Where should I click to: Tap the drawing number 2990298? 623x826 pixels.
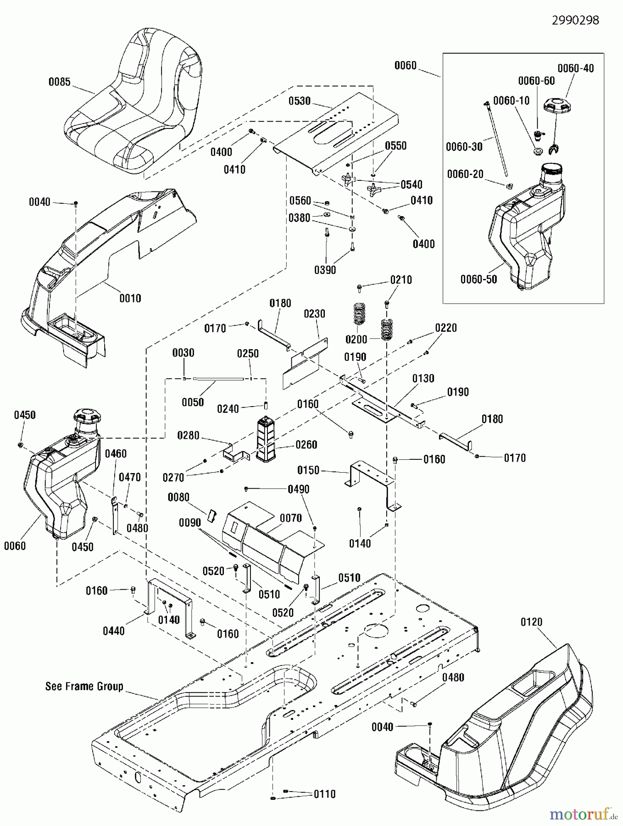(x=575, y=20)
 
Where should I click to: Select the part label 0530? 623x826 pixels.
(x=299, y=101)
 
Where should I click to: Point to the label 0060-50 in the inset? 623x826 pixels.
(x=478, y=279)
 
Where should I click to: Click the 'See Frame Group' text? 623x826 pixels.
(x=84, y=686)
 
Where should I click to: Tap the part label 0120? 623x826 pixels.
(x=531, y=622)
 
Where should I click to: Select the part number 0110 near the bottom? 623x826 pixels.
(x=324, y=794)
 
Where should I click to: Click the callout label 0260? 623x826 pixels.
(x=306, y=445)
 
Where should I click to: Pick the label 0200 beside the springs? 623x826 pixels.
(x=356, y=339)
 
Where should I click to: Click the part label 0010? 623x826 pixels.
(x=130, y=298)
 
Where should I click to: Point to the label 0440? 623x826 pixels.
(x=113, y=631)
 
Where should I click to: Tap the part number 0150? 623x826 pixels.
(x=308, y=470)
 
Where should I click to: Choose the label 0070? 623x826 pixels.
(x=291, y=518)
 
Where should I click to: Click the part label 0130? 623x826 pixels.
(x=423, y=378)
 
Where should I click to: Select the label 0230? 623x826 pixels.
(x=314, y=314)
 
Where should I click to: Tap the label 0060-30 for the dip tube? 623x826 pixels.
(x=464, y=146)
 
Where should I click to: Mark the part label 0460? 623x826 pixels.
(x=116, y=454)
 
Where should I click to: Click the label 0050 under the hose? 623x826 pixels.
(x=193, y=402)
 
